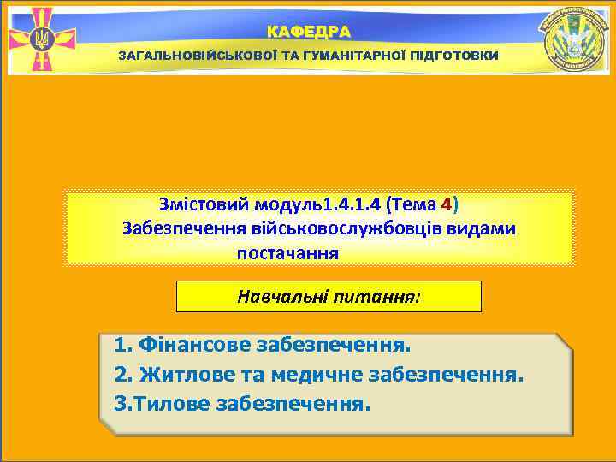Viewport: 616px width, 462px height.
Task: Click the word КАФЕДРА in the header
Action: click(x=308, y=32)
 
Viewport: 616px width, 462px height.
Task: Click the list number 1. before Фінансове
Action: click(x=122, y=346)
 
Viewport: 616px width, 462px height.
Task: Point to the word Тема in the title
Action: click(x=415, y=205)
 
